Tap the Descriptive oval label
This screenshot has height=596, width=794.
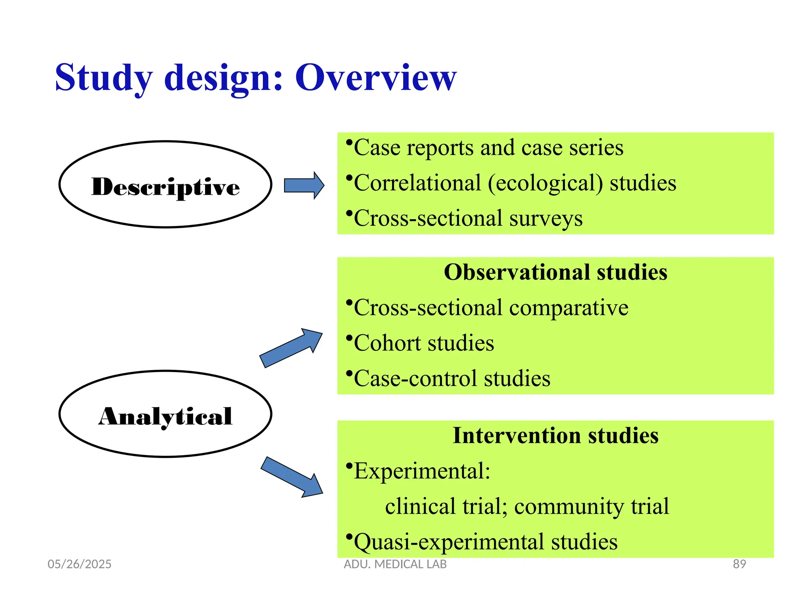166,187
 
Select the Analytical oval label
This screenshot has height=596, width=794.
166,416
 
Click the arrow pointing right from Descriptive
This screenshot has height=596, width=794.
304,185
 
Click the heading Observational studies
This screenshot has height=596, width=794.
555,272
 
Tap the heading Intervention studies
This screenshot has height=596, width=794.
555,435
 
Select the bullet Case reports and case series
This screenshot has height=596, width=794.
488,148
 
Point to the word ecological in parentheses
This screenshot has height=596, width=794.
545,183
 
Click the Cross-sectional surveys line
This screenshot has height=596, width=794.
468,218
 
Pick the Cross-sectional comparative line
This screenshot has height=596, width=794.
490,308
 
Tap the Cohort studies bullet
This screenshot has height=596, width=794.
423,343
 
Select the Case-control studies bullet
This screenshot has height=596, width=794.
452,379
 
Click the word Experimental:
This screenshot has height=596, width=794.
422,471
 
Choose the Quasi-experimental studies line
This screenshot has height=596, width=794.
485,542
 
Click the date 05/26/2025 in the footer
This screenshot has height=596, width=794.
79,564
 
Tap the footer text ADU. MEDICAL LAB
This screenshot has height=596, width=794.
395,564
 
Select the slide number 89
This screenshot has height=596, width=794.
739,564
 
